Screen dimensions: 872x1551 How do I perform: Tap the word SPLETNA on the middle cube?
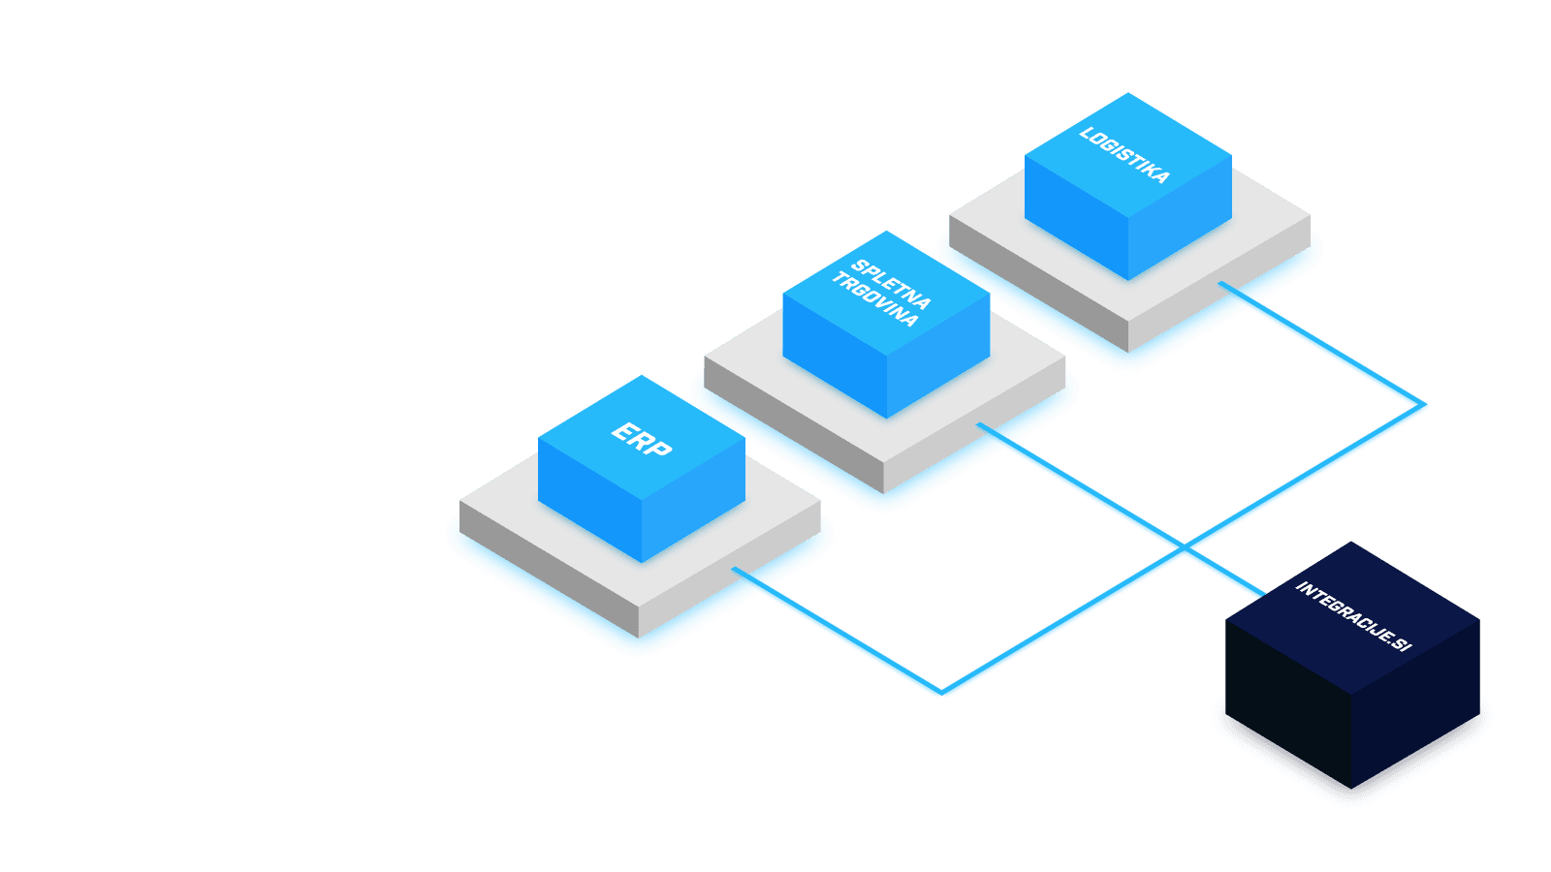tap(891, 285)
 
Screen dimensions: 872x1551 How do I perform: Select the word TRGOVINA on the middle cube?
tap(875, 299)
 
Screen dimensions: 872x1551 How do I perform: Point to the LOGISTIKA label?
tap(1124, 155)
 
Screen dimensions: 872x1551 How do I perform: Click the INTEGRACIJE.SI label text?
tap(1353, 616)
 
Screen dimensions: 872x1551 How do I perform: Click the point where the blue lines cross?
tap(1185, 549)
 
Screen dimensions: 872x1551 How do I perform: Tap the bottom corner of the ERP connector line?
tap(941, 693)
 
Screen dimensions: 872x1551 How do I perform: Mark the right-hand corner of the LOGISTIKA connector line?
tap(1425, 407)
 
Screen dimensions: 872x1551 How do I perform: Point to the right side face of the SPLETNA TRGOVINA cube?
tap(938, 358)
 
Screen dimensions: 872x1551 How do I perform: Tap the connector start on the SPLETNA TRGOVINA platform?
tap(982, 425)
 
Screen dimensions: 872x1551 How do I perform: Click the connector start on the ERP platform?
tap(738, 571)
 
